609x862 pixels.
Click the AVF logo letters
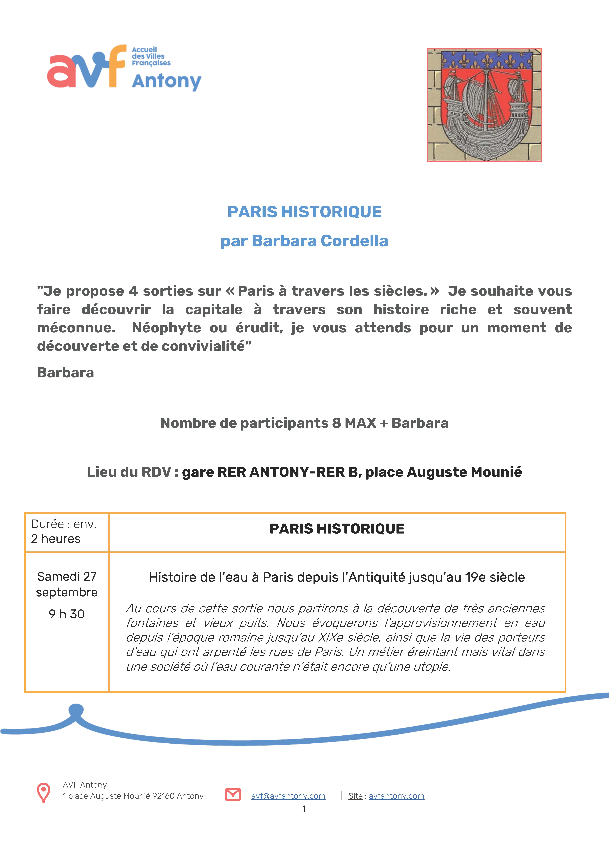coord(86,68)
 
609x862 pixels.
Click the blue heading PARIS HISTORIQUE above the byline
coord(304,212)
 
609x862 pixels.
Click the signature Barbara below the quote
coord(66,373)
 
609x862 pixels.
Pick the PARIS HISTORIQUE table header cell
coord(337,529)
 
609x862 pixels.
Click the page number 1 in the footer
coord(304,809)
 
